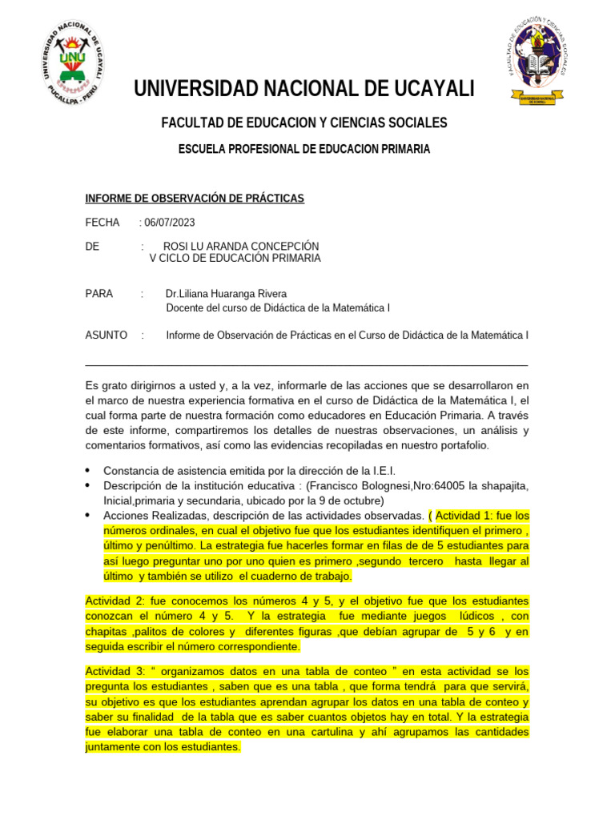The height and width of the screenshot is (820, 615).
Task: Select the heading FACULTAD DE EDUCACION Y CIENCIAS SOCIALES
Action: [304, 123]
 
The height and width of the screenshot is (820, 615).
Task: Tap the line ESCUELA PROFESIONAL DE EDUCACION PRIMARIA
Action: [303, 149]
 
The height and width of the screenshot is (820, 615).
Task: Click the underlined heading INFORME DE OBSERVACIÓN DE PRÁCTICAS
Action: [195, 199]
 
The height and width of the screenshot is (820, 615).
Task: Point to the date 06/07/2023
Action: [169, 223]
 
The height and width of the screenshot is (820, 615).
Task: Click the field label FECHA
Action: [102, 223]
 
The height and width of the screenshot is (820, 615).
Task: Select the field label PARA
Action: [99, 294]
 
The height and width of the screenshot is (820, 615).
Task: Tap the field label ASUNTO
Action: [106, 335]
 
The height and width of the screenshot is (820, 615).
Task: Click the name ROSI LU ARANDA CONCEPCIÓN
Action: [241, 246]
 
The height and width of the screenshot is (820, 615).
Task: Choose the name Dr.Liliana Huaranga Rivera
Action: [226, 294]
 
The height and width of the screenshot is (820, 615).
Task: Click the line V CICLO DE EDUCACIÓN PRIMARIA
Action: [235, 258]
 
